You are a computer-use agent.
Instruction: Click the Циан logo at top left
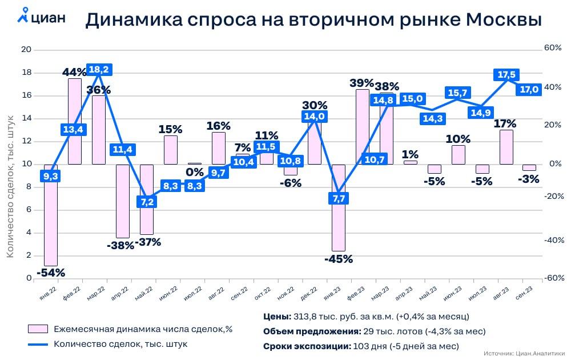click(x=41, y=17)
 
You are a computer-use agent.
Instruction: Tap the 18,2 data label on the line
click(x=99, y=70)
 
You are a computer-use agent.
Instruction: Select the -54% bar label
click(x=50, y=273)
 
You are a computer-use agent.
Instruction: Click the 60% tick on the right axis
click(x=553, y=48)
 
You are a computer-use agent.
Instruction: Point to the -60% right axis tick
click(x=552, y=278)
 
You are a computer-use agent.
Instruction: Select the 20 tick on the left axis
click(x=26, y=50)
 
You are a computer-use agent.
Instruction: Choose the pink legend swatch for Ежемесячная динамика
click(x=38, y=329)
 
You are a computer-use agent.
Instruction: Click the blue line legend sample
click(x=38, y=344)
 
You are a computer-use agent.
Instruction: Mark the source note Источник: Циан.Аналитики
click(x=524, y=353)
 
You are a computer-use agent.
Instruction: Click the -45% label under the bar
click(x=339, y=259)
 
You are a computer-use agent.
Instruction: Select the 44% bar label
click(x=74, y=72)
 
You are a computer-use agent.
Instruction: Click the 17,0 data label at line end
click(x=529, y=90)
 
